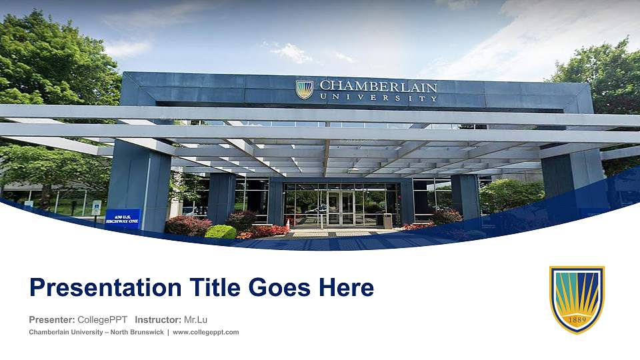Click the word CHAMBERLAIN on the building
(378, 87)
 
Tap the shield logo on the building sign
(305, 89)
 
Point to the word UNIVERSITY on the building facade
(378, 98)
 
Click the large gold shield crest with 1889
(577, 299)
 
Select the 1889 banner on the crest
(577, 319)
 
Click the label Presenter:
(52, 319)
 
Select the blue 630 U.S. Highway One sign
(123, 219)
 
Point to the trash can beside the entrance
(387, 221)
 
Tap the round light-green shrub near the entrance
(221, 232)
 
